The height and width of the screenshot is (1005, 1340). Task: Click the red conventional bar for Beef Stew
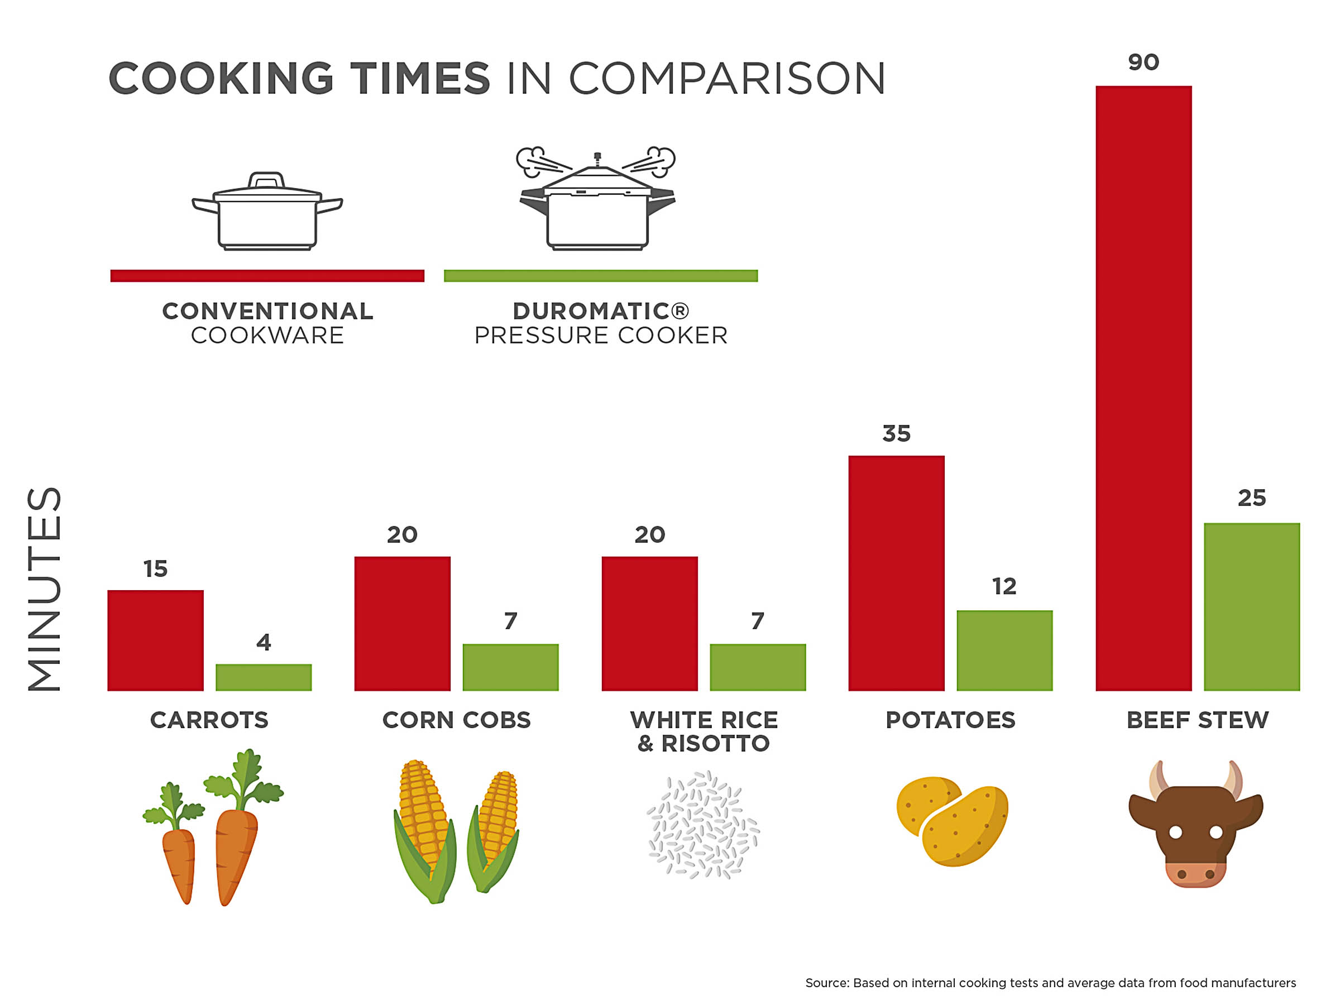pos(1143,387)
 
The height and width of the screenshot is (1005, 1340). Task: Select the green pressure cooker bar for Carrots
pos(264,677)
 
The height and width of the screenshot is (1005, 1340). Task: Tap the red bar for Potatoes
pos(896,573)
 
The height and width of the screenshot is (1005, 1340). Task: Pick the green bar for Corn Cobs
pos(510,667)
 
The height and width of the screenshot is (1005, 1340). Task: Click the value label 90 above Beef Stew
pos(1143,63)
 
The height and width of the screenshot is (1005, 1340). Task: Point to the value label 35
pos(896,434)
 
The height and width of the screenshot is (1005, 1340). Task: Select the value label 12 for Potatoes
pos(1004,586)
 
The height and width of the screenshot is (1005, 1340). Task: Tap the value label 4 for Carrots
pos(264,642)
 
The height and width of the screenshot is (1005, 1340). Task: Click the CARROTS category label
pos(209,720)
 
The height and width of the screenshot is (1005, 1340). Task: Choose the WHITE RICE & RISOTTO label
pos(703,732)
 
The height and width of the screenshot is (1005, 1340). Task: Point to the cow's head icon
pos(1195,824)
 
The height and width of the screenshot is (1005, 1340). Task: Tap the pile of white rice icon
pos(703,825)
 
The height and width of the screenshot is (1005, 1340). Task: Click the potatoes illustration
pos(952,821)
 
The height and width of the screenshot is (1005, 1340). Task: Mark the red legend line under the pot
pos(267,276)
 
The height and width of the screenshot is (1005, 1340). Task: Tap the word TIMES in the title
pos(420,79)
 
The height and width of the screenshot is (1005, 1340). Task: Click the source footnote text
pos(1050,983)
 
